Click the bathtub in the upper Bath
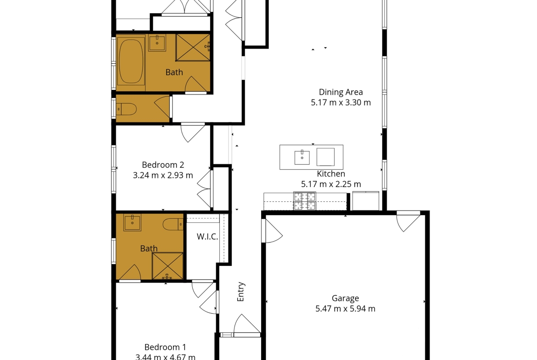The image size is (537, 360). pyautogui.click(x=130, y=61)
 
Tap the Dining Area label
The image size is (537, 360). pyautogui.click(x=341, y=92)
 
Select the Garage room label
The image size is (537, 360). pyautogui.click(x=345, y=299)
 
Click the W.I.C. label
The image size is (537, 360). pyautogui.click(x=207, y=237)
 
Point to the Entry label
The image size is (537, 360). pyautogui.click(x=241, y=292)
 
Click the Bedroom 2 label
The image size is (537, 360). pyautogui.click(x=163, y=165)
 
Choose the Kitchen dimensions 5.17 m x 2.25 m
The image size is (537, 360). pyautogui.click(x=331, y=184)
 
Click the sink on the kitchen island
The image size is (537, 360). pyautogui.click(x=302, y=157)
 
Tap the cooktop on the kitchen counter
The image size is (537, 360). pyautogui.click(x=304, y=201)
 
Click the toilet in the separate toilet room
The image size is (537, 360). pyautogui.click(x=126, y=109)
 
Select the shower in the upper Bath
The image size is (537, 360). pyautogui.click(x=193, y=47)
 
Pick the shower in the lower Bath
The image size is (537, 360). pyautogui.click(x=168, y=266)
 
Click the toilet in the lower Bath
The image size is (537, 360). pyautogui.click(x=173, y=225)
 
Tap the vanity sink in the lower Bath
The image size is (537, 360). pyautogui.click(x=132, y=222)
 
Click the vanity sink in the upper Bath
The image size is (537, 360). pyautogui.click(x=157, y=43)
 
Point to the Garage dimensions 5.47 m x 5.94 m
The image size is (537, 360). pyautogui.click(x=345, y=309)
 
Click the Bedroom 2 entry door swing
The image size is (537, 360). pyautogui.click(x=193, y=133)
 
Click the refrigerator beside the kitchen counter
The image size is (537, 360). pyautogui.click(x=366, y=201)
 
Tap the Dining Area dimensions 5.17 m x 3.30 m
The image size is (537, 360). pyautogui.click(x=341, y=103)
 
